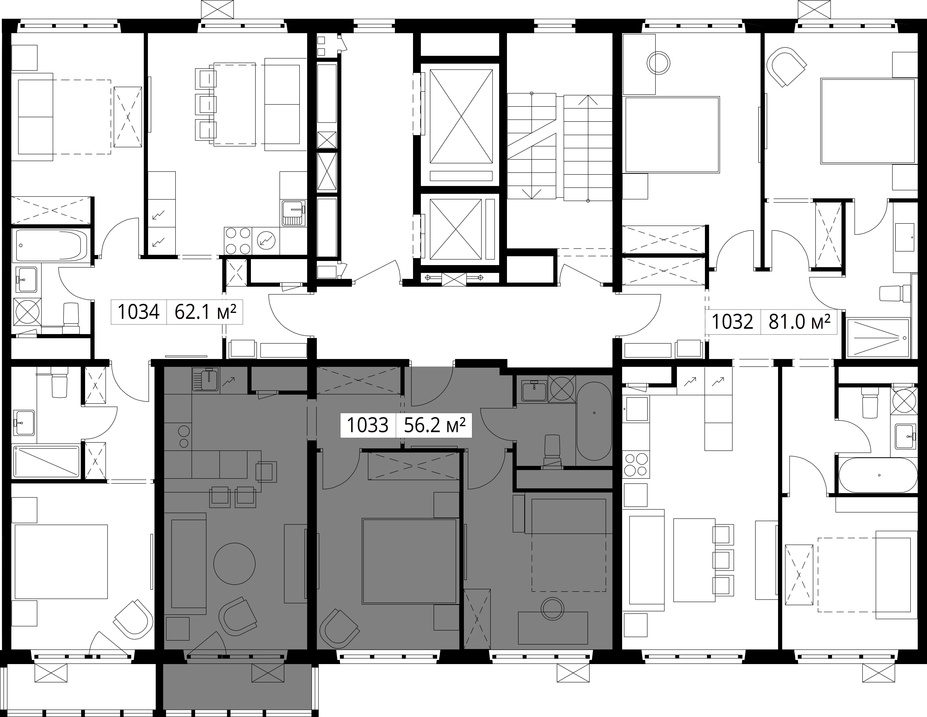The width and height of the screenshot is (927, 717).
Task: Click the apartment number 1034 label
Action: (x=138, y=312)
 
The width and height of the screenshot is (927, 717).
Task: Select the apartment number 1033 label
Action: (x=368, y=425)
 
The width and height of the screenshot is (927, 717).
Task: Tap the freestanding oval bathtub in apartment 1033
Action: (x=594, y=422)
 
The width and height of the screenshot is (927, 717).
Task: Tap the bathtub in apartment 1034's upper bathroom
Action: (x=51, y=245)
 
